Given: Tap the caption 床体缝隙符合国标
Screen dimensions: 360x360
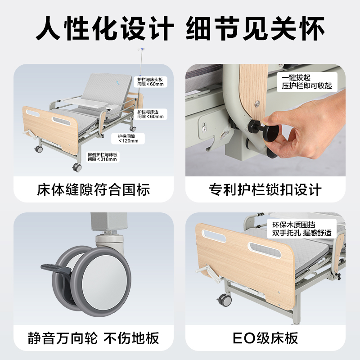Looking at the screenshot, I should (93, 189).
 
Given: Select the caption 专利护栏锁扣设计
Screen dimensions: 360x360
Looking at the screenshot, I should (265, 189).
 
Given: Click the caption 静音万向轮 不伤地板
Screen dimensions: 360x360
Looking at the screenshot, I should (93, 337).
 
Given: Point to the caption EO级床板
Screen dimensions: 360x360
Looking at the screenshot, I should (265, 337).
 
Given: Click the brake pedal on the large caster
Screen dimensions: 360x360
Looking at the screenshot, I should (56, 269).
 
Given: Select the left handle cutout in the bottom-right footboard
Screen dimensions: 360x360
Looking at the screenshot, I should (209, 234).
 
